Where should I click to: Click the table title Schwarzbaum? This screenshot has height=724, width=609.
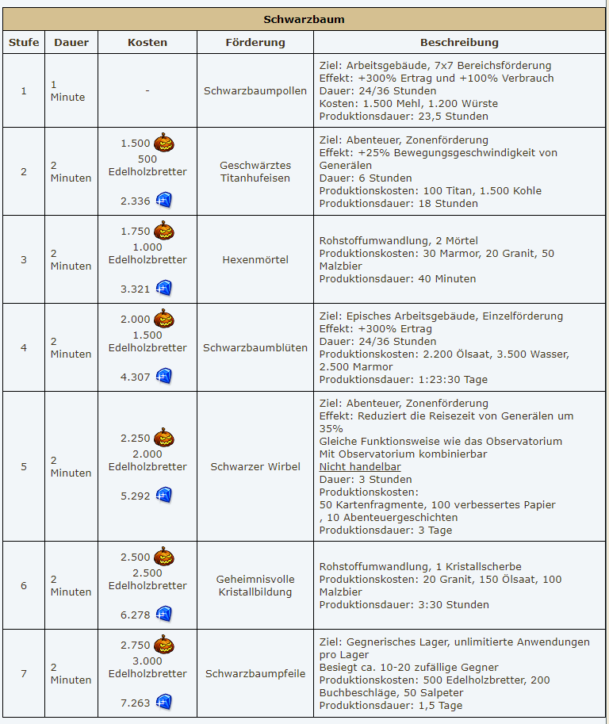click(304, 19)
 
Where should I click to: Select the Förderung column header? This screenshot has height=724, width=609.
click(255, 42)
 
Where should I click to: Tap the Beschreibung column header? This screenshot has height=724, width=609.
click(459, 42)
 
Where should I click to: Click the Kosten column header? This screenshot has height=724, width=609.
click(147, 42)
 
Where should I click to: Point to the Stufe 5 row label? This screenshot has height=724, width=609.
click(24, 466)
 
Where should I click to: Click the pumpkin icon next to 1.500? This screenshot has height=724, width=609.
click(164, 143)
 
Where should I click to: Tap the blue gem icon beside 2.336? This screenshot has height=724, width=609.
click(164, 201)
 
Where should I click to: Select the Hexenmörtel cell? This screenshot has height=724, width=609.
click(255, 259)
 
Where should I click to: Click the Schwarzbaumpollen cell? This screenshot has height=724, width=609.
click(255, 90)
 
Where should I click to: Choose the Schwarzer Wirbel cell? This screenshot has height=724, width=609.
click(255, 466)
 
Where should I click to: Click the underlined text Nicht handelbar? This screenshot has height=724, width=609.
click(360, 466)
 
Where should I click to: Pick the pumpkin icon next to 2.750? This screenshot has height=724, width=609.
click(164, 645)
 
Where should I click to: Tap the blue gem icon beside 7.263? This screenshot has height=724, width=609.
click(164, 703)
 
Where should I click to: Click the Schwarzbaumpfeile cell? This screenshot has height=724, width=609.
click(255, 673)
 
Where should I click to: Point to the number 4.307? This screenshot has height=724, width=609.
click(136, 377)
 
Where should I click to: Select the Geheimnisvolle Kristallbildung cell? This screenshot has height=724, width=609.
click(255, 585)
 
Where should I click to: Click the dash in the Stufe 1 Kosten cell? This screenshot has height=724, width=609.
click(147, 90)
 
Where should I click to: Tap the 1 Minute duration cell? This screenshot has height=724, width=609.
click(67, 90)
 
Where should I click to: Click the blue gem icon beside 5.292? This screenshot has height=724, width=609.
click(164, 496)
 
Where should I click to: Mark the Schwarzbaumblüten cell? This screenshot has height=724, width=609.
click(255, 347)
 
